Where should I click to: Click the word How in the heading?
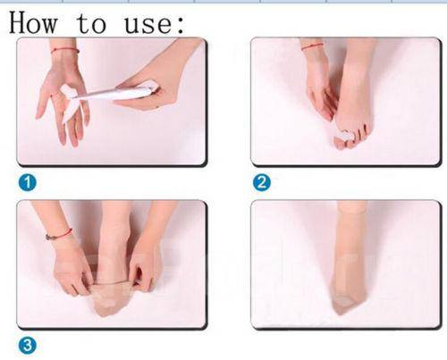(33, 22)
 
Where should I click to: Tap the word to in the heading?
(91, 23)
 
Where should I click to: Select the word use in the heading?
(148, 25)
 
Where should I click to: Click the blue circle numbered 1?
(28, 182)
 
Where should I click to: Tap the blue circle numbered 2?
(262, 182)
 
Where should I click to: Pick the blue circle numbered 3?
(28, 346)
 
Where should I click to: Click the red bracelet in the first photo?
(65, 50)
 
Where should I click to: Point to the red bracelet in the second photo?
(312, 46)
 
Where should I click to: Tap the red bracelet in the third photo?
(59, 235)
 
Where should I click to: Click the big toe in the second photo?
(341, 141)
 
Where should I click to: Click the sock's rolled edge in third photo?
(114, 282)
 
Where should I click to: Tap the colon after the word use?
(180, 25)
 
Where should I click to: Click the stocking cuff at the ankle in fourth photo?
(351, 210)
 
